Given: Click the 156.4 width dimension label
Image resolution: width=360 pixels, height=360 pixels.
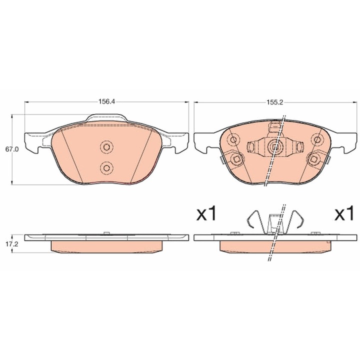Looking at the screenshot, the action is tap(106, 101).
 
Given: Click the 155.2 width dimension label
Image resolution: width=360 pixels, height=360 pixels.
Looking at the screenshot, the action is tap(275, 102).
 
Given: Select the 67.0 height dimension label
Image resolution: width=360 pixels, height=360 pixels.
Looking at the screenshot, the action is tap(11, 149).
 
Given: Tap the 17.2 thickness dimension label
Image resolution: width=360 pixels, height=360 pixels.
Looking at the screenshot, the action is tap(11, 244).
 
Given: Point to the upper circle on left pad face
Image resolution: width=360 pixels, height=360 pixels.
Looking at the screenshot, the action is tap(106, 146).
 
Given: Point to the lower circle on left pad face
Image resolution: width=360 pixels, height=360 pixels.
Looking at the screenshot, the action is tap(106, 168).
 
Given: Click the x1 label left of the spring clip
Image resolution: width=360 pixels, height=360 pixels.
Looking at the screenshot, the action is tap(206, 213).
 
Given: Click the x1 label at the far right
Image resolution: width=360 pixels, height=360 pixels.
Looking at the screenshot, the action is tap(343, 213).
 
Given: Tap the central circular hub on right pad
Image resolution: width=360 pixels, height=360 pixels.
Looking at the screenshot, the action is tap(275, 147).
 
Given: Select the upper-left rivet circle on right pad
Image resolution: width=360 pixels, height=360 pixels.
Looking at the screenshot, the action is tap(233, 139).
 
